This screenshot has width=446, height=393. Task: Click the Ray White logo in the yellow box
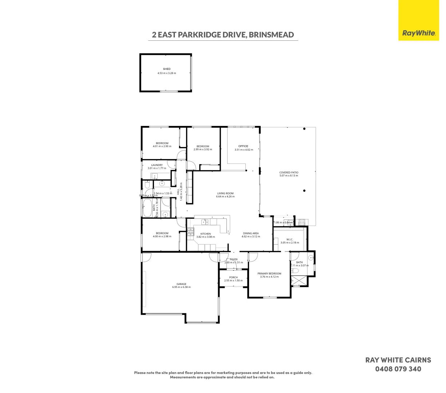(x=419, y=33)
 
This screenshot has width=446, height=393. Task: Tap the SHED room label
(x=167, y=69)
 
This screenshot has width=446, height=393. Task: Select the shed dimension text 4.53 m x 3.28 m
(x=167, y=73)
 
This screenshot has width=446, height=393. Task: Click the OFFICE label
(x=243, y=146)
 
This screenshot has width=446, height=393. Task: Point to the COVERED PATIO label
(x=289, y=172)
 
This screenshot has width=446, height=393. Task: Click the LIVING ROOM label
(x=225, y=194)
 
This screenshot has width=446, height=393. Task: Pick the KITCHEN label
(x=205, y=234)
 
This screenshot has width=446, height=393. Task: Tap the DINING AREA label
(x=251, y=233)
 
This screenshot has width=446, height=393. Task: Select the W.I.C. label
(x=290, y=239)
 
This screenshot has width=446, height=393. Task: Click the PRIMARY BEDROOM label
(x=269, y=274)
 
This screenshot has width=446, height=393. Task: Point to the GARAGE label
(x=181, y=284)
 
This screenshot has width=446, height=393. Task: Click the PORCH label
(x=233, y=277)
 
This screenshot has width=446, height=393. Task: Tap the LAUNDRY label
(x=157, y=165)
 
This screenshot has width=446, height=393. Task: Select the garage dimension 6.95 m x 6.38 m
(x=181, y=287)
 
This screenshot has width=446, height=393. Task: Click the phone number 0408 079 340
(x=398, y=369)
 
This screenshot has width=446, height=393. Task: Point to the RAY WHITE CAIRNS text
(x=398, y=360)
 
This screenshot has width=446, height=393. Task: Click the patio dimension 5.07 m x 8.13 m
(x=289, y=176)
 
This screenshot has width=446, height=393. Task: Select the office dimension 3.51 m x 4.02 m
(x=244, y=150)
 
